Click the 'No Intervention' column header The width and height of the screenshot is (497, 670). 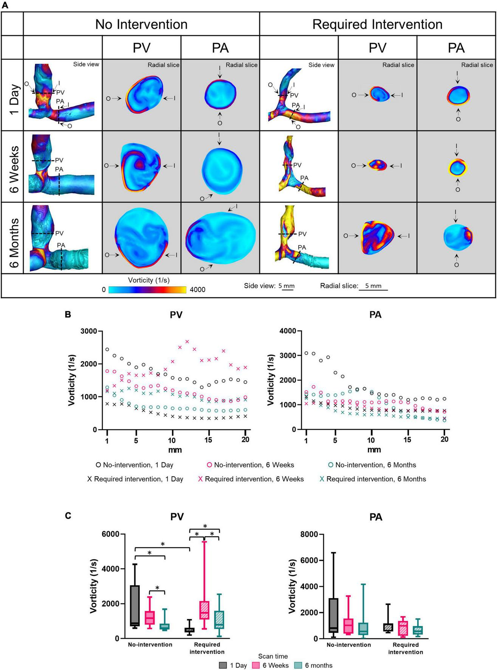click(141, 24)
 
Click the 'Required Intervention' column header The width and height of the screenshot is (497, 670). click(377, 24)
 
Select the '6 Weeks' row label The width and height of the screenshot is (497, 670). click(14, 166)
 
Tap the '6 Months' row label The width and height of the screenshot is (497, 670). click(14, 238)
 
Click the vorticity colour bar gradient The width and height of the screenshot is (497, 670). click(147, 290)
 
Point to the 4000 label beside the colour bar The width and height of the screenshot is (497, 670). click(197, 290)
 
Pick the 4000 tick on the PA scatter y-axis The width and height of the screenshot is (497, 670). click(288, 331)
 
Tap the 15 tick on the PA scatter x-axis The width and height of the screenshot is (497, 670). click(407, 440)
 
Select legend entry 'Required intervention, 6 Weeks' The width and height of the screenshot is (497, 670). click(251, 479)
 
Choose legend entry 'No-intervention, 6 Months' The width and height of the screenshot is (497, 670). click(372, 465)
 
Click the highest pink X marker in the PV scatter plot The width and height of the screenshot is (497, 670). click(187, 341)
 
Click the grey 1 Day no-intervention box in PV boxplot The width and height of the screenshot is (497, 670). click(135, 605)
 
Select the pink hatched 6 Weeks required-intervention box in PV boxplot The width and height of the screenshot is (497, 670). click(204, 610)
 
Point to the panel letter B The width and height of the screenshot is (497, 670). click(68, 314)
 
